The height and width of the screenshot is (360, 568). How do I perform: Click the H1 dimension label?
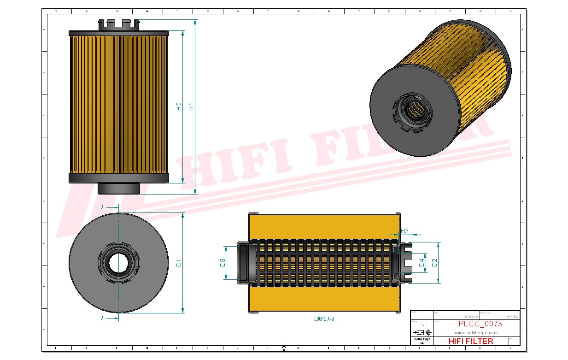[192, 106]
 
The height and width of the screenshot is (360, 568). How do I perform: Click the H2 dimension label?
[179, 106]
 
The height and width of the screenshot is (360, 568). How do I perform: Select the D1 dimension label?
[179, 263]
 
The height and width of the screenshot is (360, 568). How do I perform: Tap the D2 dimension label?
[433, 263]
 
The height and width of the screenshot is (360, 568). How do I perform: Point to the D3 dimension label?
[222, 263]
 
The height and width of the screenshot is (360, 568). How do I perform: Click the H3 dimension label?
[404, 231]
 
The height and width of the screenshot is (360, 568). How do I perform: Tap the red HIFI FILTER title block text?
[470, 341]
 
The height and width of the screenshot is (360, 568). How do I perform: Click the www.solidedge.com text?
[476, 332]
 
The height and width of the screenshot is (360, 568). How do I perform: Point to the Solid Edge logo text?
[422, 339]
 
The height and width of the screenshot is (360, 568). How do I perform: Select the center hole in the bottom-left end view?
[118, 263]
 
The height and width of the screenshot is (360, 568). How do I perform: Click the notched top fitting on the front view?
[118, 24]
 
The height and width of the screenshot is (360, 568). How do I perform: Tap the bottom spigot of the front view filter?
[118, 188]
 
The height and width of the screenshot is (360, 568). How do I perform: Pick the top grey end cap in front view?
[119, 33]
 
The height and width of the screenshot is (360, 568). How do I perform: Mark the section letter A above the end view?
[102, 207]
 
